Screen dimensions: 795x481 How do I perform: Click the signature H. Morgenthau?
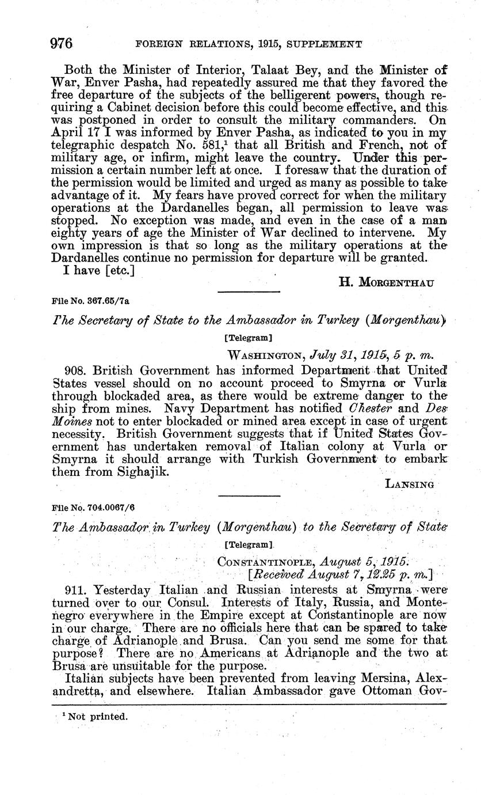(x=385, y=282)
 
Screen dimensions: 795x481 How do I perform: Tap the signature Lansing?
(x=409, y=485)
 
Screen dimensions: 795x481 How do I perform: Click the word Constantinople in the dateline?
(x=258, y=559)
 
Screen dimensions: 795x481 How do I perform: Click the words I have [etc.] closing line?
(x=100, y=271)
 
